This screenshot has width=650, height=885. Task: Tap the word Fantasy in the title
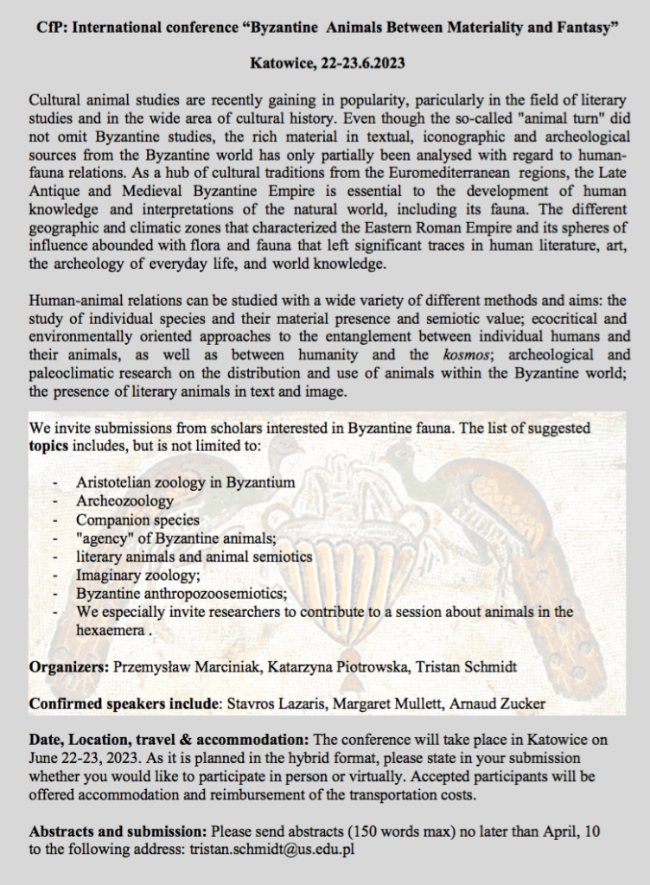[581, 28]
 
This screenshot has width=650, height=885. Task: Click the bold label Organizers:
[68, 667]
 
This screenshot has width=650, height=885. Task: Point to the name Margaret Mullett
[378, 704]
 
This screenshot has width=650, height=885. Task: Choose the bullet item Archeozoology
[124, 500]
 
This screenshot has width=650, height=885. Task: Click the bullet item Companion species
[137, 519]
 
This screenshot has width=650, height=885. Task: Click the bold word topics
[49, 446]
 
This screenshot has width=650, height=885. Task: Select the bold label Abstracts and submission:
[118, 831]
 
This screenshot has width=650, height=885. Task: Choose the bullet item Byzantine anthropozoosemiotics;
[181, 594]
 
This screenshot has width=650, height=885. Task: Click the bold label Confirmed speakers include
[124, 704]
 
